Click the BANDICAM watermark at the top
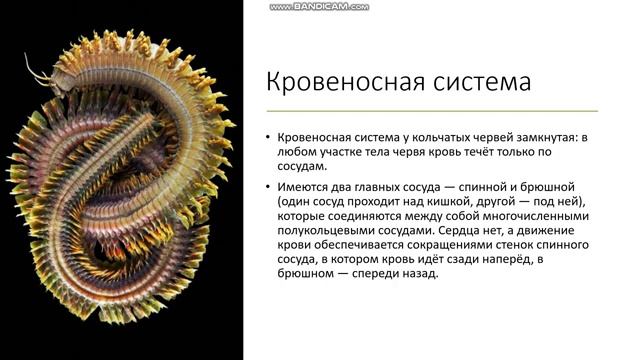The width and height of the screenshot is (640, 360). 319,7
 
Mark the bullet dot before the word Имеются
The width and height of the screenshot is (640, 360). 268,187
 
